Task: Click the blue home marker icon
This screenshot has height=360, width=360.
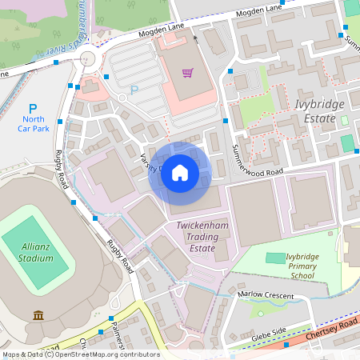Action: click(x=180, y=173)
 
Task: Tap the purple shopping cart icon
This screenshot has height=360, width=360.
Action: click(x=187, y=73)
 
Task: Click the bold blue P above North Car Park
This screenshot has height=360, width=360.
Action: click(x=33, y=109)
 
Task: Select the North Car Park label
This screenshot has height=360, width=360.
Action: click(x=33, y=123)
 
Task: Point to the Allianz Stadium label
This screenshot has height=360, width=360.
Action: click(x=35, y=254)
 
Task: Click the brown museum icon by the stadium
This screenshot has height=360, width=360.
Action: click(x=38, y=315)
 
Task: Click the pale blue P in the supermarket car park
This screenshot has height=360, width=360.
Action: click(x=134, y=90)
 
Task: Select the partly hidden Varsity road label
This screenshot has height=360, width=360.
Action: click(x=150, y=162)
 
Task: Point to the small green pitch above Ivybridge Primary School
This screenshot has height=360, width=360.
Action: click(x=274, y=258)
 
